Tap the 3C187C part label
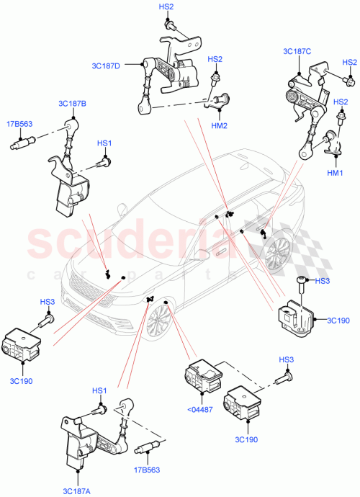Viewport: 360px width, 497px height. (297, 50)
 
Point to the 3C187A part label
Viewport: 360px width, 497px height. (76, 491)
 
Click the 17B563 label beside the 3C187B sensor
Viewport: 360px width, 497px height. (22, 122)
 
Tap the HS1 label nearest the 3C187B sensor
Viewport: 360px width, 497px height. (104, 143)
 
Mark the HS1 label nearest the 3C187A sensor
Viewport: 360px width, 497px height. (99, 390)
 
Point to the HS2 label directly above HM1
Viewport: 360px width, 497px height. (340, 103)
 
